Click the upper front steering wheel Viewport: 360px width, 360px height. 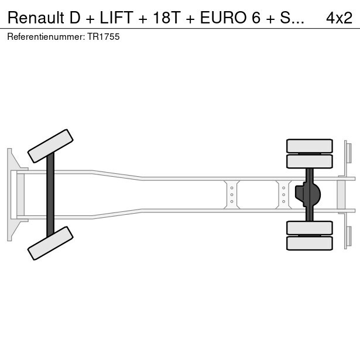click(x=51, y=146)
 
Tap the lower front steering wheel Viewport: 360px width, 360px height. click(x=51, y=243)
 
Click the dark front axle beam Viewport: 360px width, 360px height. click(x=50, y=194)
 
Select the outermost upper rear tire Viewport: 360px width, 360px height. click(x=309, y=146)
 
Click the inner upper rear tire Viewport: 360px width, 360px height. click(x=309, y=161)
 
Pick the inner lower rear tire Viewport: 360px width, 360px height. click(x=309, y=228)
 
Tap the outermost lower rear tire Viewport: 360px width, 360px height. click(x=309, y=243)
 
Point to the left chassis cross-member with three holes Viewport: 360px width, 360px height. click(x=232, y=194)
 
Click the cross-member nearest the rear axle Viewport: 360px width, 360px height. click(x=283, y=194)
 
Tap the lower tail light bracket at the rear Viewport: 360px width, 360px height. click(x=348, y=236)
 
